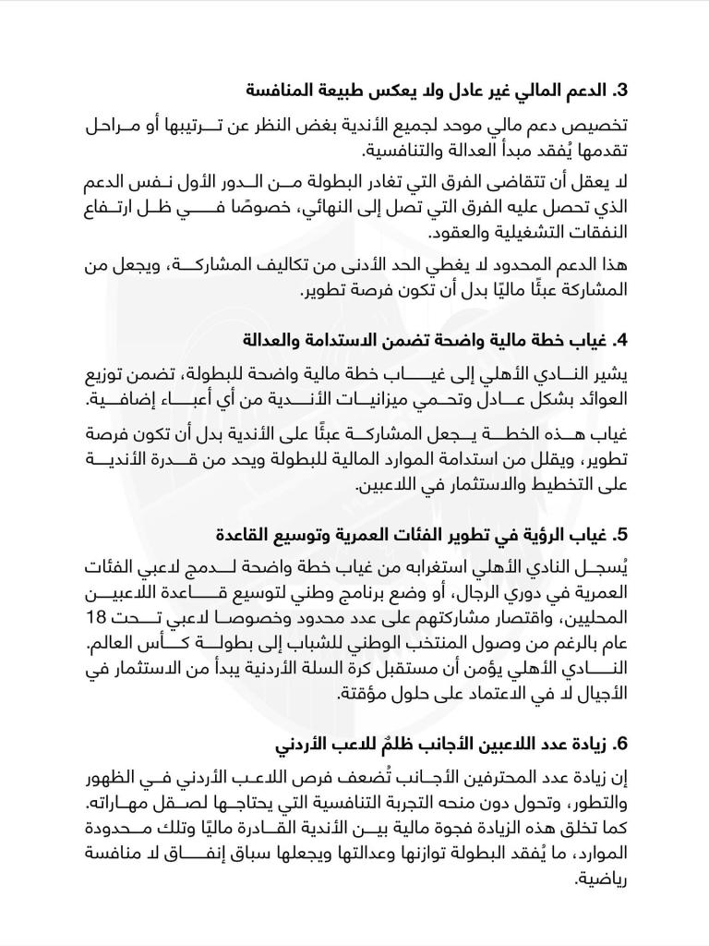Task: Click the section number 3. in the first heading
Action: pyautogui.click(x=620, y=91)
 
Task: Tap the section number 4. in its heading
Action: pyautogui.click(x=620, y=341)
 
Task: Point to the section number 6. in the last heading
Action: pyautogui.click(x=620, y=744)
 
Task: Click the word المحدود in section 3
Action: pyautogui.click(x=531, y=266)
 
